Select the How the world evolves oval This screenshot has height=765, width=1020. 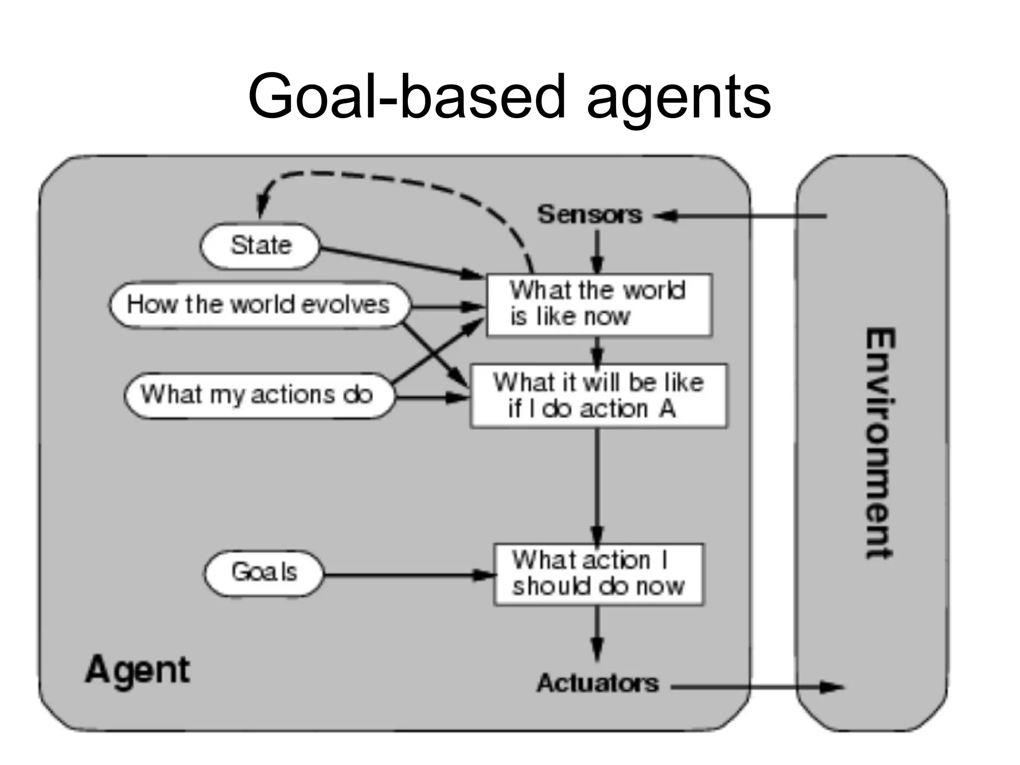(258, 305)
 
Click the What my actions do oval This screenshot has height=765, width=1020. (257, 395)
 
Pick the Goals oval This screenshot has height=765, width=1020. (263, 572)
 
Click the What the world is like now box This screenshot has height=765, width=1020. (599, 305)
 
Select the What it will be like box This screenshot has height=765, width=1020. (598, 396)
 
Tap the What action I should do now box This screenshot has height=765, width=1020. (598, 574)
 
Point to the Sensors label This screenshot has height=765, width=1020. (590, 215)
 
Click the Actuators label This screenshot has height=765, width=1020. (597, 683)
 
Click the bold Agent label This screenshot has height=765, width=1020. (137, 670)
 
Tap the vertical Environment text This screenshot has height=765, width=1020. (879, 443)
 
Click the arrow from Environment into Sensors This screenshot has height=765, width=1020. (742, 216)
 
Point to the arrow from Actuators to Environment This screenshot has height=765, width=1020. (757, 688)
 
